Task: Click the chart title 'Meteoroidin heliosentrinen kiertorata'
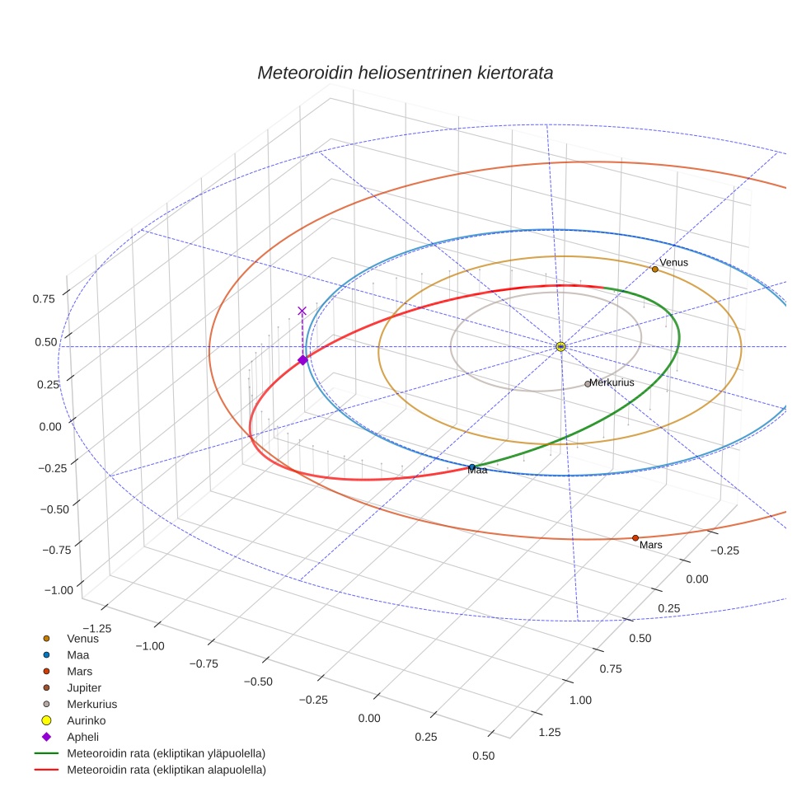(405, 73)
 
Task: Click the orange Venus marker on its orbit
(654, 269)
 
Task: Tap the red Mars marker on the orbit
(635, 537)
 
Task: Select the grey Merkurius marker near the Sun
(588, 383)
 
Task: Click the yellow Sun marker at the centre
(560, 346)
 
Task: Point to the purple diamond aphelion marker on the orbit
(302, 359)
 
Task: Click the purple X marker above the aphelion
(302, 311)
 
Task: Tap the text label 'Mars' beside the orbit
(651, 546)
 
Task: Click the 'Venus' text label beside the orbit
(673, 262)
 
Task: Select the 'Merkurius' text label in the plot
(612, 383)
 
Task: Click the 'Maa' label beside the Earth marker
(477, 471)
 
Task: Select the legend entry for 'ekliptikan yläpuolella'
(166, 753)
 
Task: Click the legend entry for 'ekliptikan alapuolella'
(166, 770)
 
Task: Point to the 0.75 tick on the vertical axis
(45, 298)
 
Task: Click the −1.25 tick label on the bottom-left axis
(95, 628)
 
